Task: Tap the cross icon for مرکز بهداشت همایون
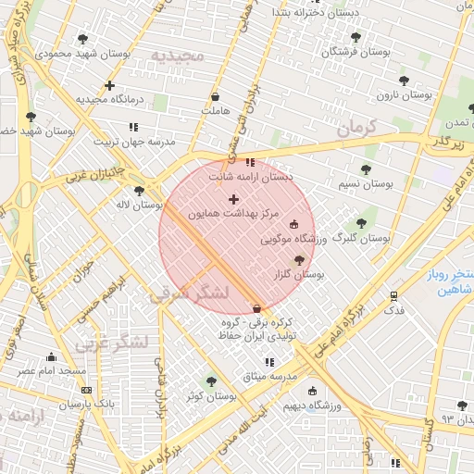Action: [x=232, y=199]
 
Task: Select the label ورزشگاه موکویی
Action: [x=294, y=239]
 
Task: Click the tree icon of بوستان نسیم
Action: [x=366, y=169]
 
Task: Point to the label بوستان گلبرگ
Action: [x=361, y=238]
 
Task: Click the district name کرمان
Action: [x=359, y=129]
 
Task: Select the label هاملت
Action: [x=215, y=111]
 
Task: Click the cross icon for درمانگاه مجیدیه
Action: [x=110, y=85]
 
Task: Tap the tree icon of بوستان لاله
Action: [x=139, y=191]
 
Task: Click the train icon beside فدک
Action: [x=393, y=296]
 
